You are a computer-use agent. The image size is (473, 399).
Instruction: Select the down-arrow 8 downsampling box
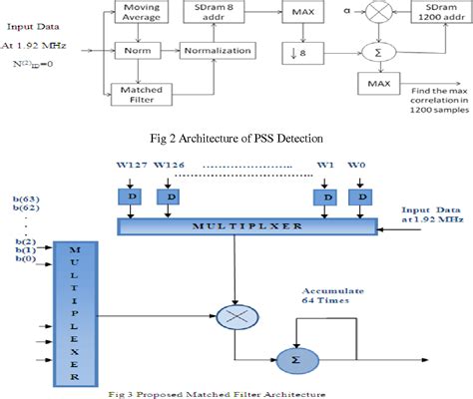(x=300, y=49)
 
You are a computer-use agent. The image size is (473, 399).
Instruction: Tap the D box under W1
(x=328, y=198)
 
